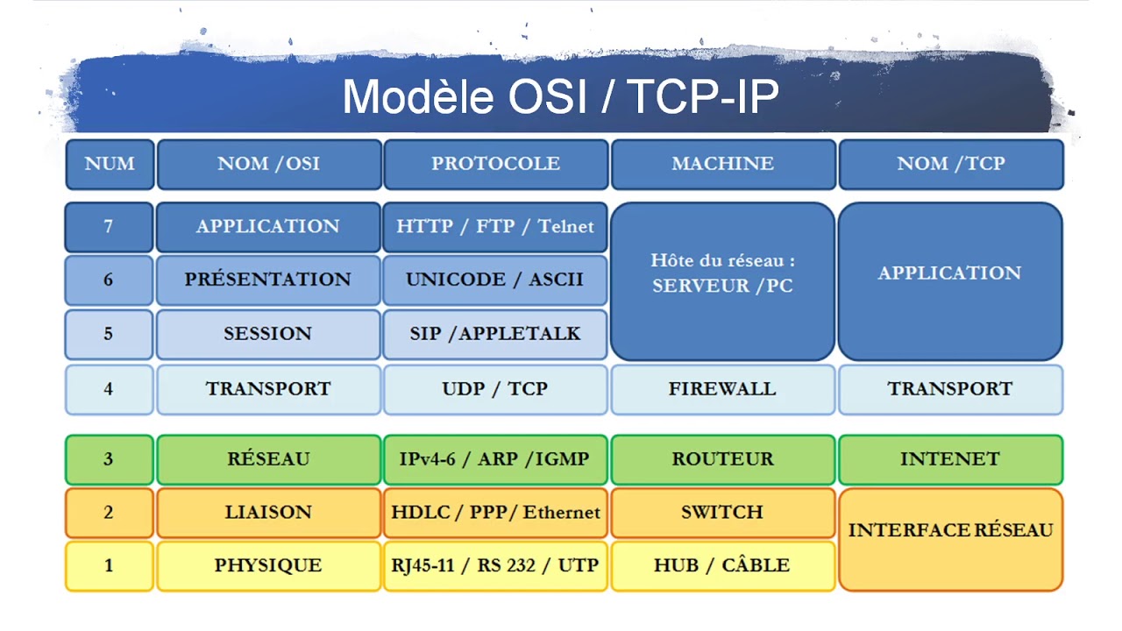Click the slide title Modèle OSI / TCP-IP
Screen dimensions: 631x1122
560,96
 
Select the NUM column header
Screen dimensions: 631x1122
110,164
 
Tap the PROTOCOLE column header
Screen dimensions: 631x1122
495,164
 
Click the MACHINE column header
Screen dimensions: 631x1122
722,164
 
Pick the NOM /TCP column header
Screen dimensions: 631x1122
950,164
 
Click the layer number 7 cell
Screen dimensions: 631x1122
109,226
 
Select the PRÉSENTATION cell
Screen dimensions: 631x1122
267,280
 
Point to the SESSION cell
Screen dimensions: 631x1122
267,334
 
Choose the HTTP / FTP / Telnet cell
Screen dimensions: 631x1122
495,226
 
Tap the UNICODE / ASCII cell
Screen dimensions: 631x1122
495,280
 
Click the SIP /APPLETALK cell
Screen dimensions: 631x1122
495,334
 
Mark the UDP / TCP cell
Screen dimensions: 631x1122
495,389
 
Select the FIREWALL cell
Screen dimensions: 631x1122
722,389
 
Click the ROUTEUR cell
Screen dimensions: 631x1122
722,459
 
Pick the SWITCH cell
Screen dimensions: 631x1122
722,512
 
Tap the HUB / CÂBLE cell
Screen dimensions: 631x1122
722,565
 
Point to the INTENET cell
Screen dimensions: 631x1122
950,459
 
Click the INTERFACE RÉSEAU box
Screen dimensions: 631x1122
950,538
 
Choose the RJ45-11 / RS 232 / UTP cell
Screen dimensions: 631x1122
495,565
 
